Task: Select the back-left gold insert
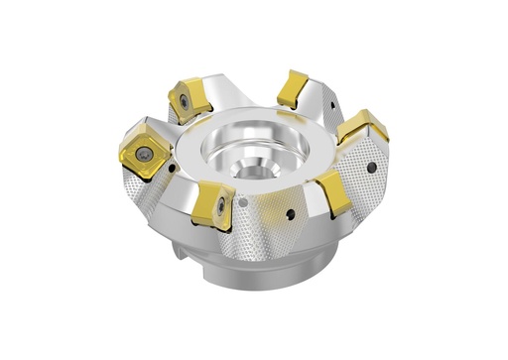coord(187,98)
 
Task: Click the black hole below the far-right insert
coord(372,170)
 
